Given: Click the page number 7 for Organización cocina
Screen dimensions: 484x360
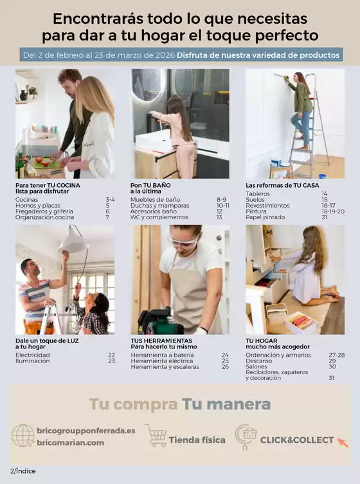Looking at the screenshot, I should click(x=107, y=217).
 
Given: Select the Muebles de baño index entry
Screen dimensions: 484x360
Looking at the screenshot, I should click(x=155, y=200).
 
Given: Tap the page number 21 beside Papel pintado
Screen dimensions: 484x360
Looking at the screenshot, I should click(x=325, y=217).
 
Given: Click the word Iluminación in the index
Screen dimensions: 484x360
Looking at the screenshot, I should click(x=32, y=361).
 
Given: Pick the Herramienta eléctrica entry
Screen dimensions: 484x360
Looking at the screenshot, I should click(x=161, y=361).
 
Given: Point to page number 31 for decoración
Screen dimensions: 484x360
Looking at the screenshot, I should click(x=331, y=378).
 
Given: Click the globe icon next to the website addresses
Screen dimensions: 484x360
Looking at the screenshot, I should click(x=23, y=436).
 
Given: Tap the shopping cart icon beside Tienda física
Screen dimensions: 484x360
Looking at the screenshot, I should click(x=156, y=435).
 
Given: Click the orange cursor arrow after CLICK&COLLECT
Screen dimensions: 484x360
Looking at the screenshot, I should click(x=343, y=442).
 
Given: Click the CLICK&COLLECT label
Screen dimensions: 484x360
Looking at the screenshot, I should click(x=296, y=440).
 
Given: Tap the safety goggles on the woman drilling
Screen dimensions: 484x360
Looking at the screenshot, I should click(x=183, y=242).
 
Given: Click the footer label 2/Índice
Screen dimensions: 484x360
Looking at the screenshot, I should click(x=22, y=471).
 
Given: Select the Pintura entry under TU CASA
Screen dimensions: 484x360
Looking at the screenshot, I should click(x=256, y=211).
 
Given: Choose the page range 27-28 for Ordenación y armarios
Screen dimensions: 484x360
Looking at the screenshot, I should click(x=337, y=355).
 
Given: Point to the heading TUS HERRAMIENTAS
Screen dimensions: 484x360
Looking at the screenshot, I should click(x=161, y=341).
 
